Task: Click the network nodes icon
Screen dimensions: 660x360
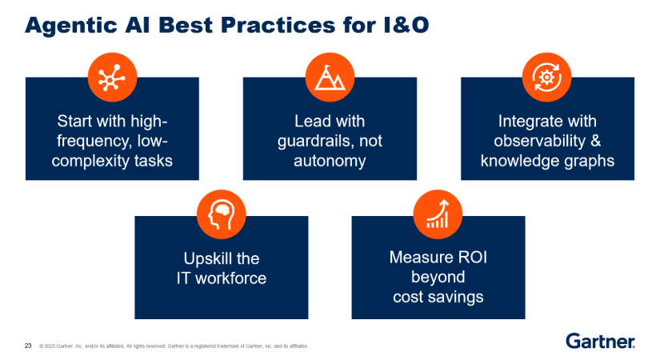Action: click(x=111, y=78)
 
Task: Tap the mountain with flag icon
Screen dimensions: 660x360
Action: click(x=330, y=78)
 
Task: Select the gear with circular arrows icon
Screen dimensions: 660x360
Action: click(x=546, y=78)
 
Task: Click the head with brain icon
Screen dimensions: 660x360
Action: click(x=222, y=214)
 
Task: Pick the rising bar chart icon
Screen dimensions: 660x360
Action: click(x=438, y=214)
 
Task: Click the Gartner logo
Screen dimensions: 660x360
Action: click(x=600, y=341)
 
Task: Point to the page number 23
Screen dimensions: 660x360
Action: click(x=28, y=346)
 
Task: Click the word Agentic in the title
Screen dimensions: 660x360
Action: click(x=71, y=26)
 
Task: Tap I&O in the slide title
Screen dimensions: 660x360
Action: click(x=406, y=25)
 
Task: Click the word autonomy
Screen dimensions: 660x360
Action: click(x=330, y=161)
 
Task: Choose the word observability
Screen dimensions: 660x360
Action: click(x=540, y=141)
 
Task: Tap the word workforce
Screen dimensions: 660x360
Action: click(x=230, y=278)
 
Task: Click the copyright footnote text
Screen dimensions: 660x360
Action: click(x=174, y=346)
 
